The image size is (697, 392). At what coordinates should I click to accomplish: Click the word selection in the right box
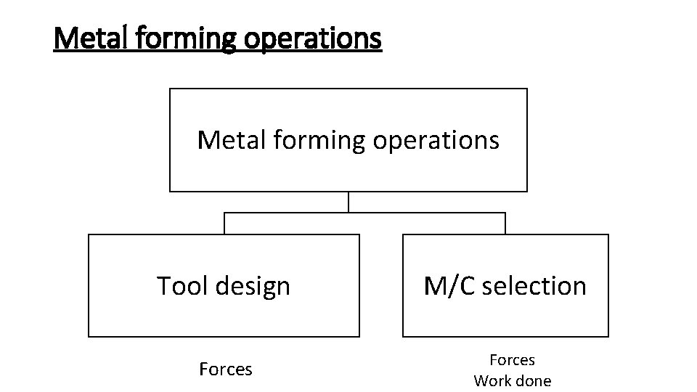click(x=534, y=286)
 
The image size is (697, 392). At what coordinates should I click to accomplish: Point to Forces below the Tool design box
click(x=226, y=369)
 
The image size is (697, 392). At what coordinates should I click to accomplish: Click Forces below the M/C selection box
click(x=512, y=359)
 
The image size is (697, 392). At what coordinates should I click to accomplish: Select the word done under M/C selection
click(x=534, y=380)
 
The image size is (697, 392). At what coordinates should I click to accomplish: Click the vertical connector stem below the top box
click(x=348, y=202)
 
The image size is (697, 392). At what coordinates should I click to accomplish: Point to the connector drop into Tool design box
click(x=224, y=224)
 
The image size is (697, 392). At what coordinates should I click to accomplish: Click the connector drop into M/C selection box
click(x=505, y=224)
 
